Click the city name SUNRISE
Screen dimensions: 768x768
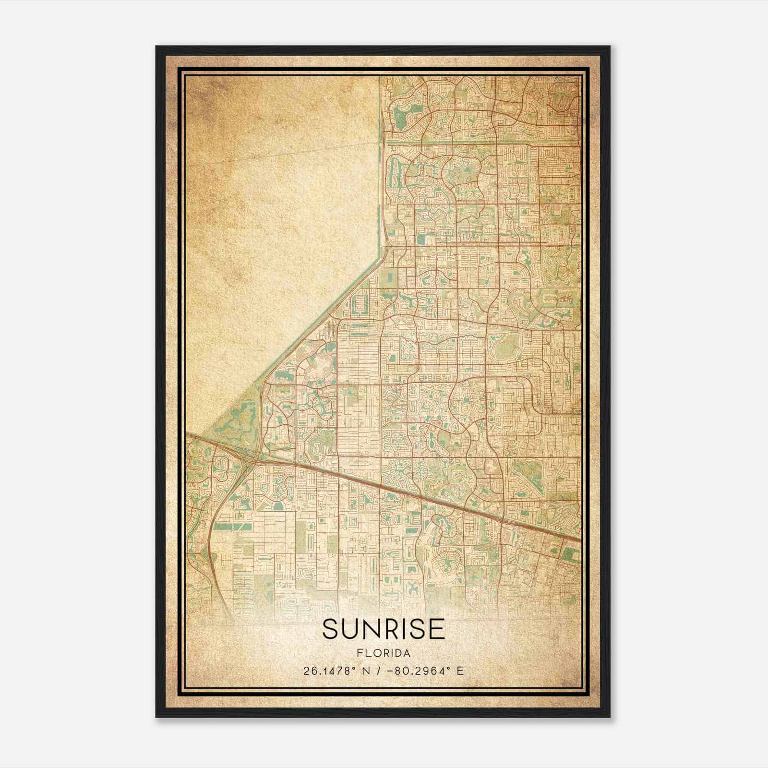(x=384, y=629)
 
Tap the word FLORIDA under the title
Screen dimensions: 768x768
(x=384, y=653)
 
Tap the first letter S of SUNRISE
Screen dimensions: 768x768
(x=330, y=629)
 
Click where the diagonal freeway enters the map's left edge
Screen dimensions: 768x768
(x=187, y=435)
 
